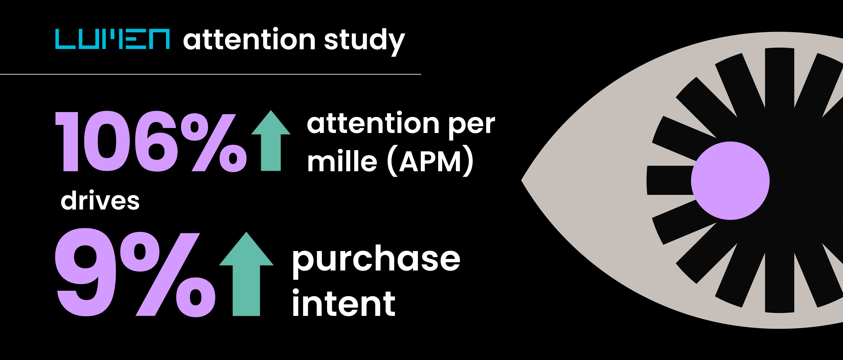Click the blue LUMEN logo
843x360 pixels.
112,39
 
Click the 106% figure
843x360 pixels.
151,141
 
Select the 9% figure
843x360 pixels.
134,274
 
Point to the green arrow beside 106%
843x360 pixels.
271,141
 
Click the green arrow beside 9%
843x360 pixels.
246,275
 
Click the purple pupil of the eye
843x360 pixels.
730,181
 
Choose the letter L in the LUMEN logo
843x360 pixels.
65,39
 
